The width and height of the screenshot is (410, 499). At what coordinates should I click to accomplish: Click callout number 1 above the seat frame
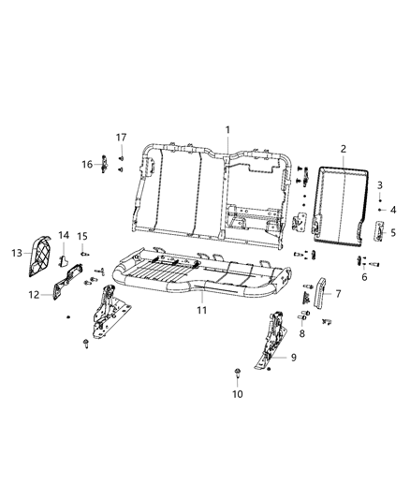click(x=226, y=128)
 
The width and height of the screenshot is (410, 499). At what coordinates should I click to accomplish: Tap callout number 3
click(x=380, y=186)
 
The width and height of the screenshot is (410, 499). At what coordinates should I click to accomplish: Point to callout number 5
click(x=393, y=232)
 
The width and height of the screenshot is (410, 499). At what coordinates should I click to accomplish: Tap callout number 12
click(x=35, y=295)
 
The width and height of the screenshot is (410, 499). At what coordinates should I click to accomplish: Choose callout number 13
click(x=16, y=253)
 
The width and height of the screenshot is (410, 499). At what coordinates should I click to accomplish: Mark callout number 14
click(x=64, y=235)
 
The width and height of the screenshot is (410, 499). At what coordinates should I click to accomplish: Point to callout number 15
click(x=82, y=235)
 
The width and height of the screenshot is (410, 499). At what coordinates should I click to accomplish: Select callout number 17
click(x=121, y=138)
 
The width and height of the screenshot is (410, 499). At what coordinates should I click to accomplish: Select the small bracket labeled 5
click(x=379, y=232)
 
